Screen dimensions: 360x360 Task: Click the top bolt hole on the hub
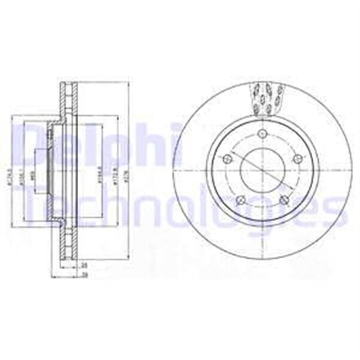tap(262, 133)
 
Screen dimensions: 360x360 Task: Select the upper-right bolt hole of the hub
tap(298, 159)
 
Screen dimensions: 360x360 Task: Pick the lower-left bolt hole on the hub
tap(240, 200)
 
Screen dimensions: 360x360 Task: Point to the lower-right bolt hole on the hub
tap(284, 200)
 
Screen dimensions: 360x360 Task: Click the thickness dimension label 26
tap(84, 264)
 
